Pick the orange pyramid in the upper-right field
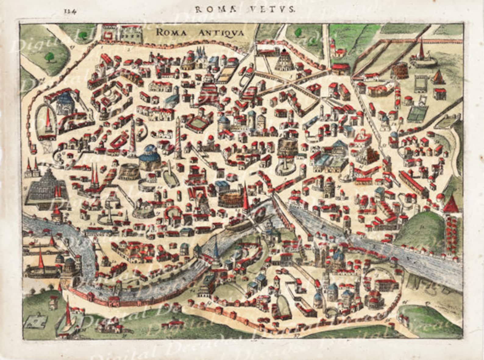(x=438, y=76)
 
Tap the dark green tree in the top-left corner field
(x=48, y=56)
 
